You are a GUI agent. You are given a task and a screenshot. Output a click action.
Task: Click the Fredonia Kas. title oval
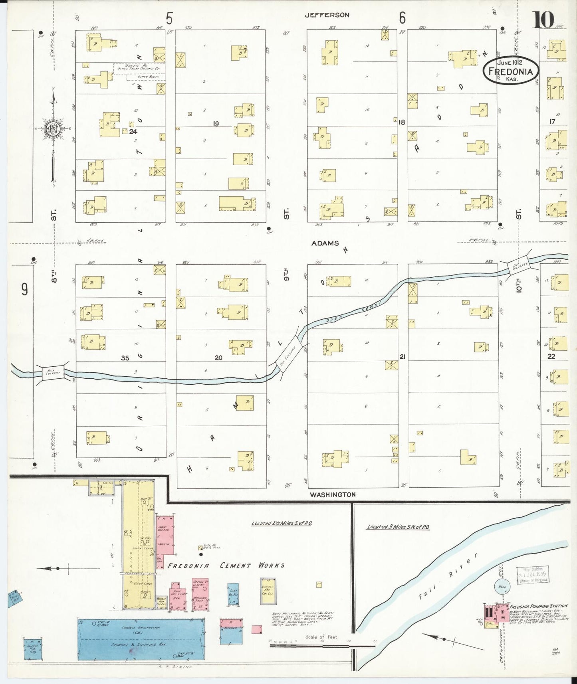[x=511, y=70]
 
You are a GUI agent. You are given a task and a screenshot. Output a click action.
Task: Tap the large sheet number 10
[x=543, y=19]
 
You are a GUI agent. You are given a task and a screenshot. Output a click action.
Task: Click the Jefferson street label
[x=327, y=15]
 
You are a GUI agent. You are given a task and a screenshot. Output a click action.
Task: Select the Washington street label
[x=333, y=494]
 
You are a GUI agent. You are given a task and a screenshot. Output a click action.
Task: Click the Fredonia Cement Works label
[x=226, y=565]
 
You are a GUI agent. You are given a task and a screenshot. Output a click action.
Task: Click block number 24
[x=133, y=131]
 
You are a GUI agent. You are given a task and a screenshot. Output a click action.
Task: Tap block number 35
[x=125, y=358]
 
